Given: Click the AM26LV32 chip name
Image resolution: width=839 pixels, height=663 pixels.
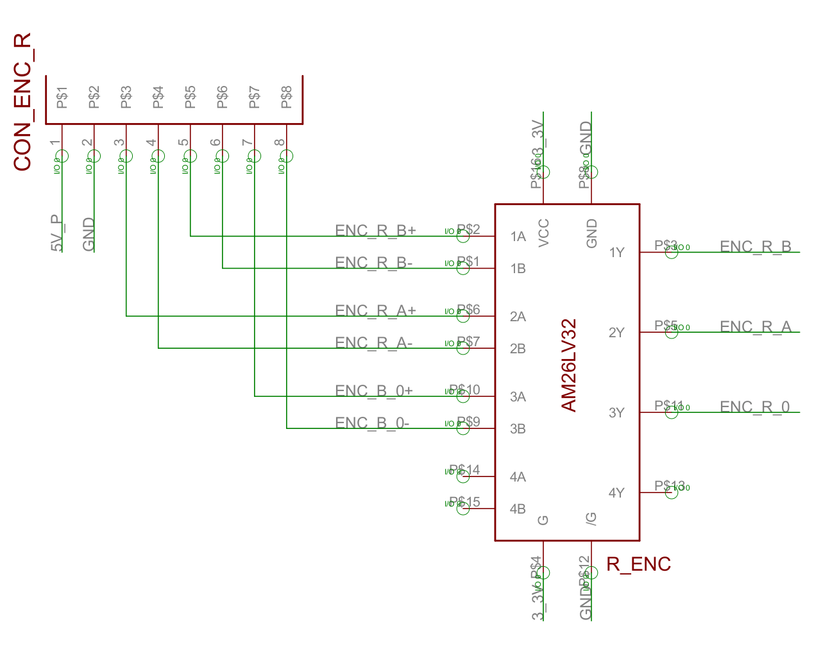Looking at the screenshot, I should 569,365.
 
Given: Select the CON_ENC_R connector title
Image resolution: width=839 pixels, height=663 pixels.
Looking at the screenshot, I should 22,102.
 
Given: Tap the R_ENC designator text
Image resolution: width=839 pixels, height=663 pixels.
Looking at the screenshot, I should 638,564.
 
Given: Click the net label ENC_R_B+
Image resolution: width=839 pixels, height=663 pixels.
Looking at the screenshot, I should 375,230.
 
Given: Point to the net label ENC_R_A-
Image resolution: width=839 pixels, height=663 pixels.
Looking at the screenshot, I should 373,342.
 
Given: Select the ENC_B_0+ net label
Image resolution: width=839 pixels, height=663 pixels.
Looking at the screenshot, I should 373,390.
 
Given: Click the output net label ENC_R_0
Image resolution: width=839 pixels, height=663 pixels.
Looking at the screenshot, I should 755,407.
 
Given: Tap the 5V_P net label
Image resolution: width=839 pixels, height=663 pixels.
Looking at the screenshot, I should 57,233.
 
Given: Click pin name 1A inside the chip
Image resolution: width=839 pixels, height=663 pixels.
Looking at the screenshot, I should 518,237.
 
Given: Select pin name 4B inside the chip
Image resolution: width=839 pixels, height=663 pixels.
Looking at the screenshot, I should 518,509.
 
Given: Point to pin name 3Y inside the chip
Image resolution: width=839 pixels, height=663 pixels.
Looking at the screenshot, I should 616,413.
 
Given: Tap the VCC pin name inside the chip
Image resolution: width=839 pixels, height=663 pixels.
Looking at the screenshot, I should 543,233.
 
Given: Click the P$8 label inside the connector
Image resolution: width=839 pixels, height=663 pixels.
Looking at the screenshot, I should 286,97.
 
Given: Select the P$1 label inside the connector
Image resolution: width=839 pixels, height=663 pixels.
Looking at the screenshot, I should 62,97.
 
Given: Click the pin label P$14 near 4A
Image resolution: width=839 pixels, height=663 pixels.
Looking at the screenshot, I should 465,470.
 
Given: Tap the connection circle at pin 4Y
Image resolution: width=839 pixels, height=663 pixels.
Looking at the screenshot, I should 671,492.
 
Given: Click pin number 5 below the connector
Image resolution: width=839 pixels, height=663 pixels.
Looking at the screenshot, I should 183,143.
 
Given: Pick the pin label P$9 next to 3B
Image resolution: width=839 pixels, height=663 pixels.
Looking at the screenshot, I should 468,422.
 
